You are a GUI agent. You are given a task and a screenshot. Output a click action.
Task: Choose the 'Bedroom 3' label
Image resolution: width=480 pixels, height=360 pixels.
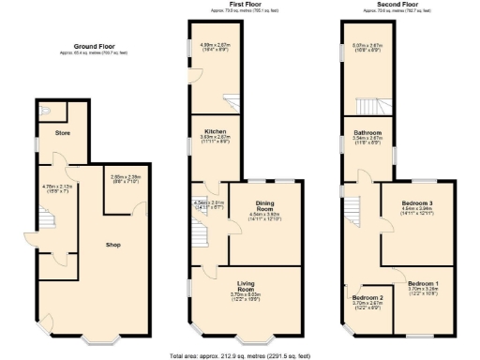[x=416, y=203]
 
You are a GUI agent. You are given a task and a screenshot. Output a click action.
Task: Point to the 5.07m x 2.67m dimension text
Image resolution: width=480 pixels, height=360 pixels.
[x=367, y=45]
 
